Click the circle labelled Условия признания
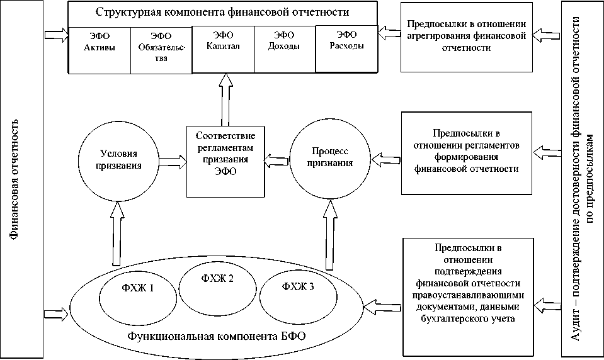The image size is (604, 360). point(119,159)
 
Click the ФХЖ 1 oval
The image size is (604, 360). point(139,290)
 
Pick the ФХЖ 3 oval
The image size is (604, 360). point(299,287)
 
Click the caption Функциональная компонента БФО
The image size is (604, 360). point(217,336)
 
